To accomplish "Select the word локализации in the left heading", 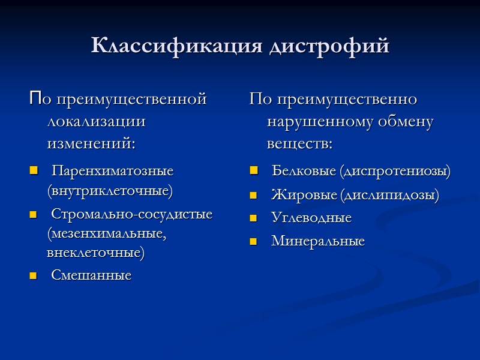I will click(x=96, y=121).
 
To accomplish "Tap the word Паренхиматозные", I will click(x=112, y=171).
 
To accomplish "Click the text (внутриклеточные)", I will click(x=110, y=191).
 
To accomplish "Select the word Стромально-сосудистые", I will click(x=131, y=214).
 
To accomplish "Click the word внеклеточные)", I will click(x=96, y=253).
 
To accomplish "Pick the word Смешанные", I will click(x=91, y=275).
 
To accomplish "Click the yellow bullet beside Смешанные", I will click(x=32, y=276).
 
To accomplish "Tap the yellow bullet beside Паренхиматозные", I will click(x=32, y=172).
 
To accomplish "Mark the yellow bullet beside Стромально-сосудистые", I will click(x=32, y=214).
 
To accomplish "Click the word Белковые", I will click(x=304, y=172).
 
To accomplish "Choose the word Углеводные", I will click(x=311, y=218).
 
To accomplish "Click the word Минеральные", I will click(x=318, y=241).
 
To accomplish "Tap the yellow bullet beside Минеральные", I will click(x=253, y=242).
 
